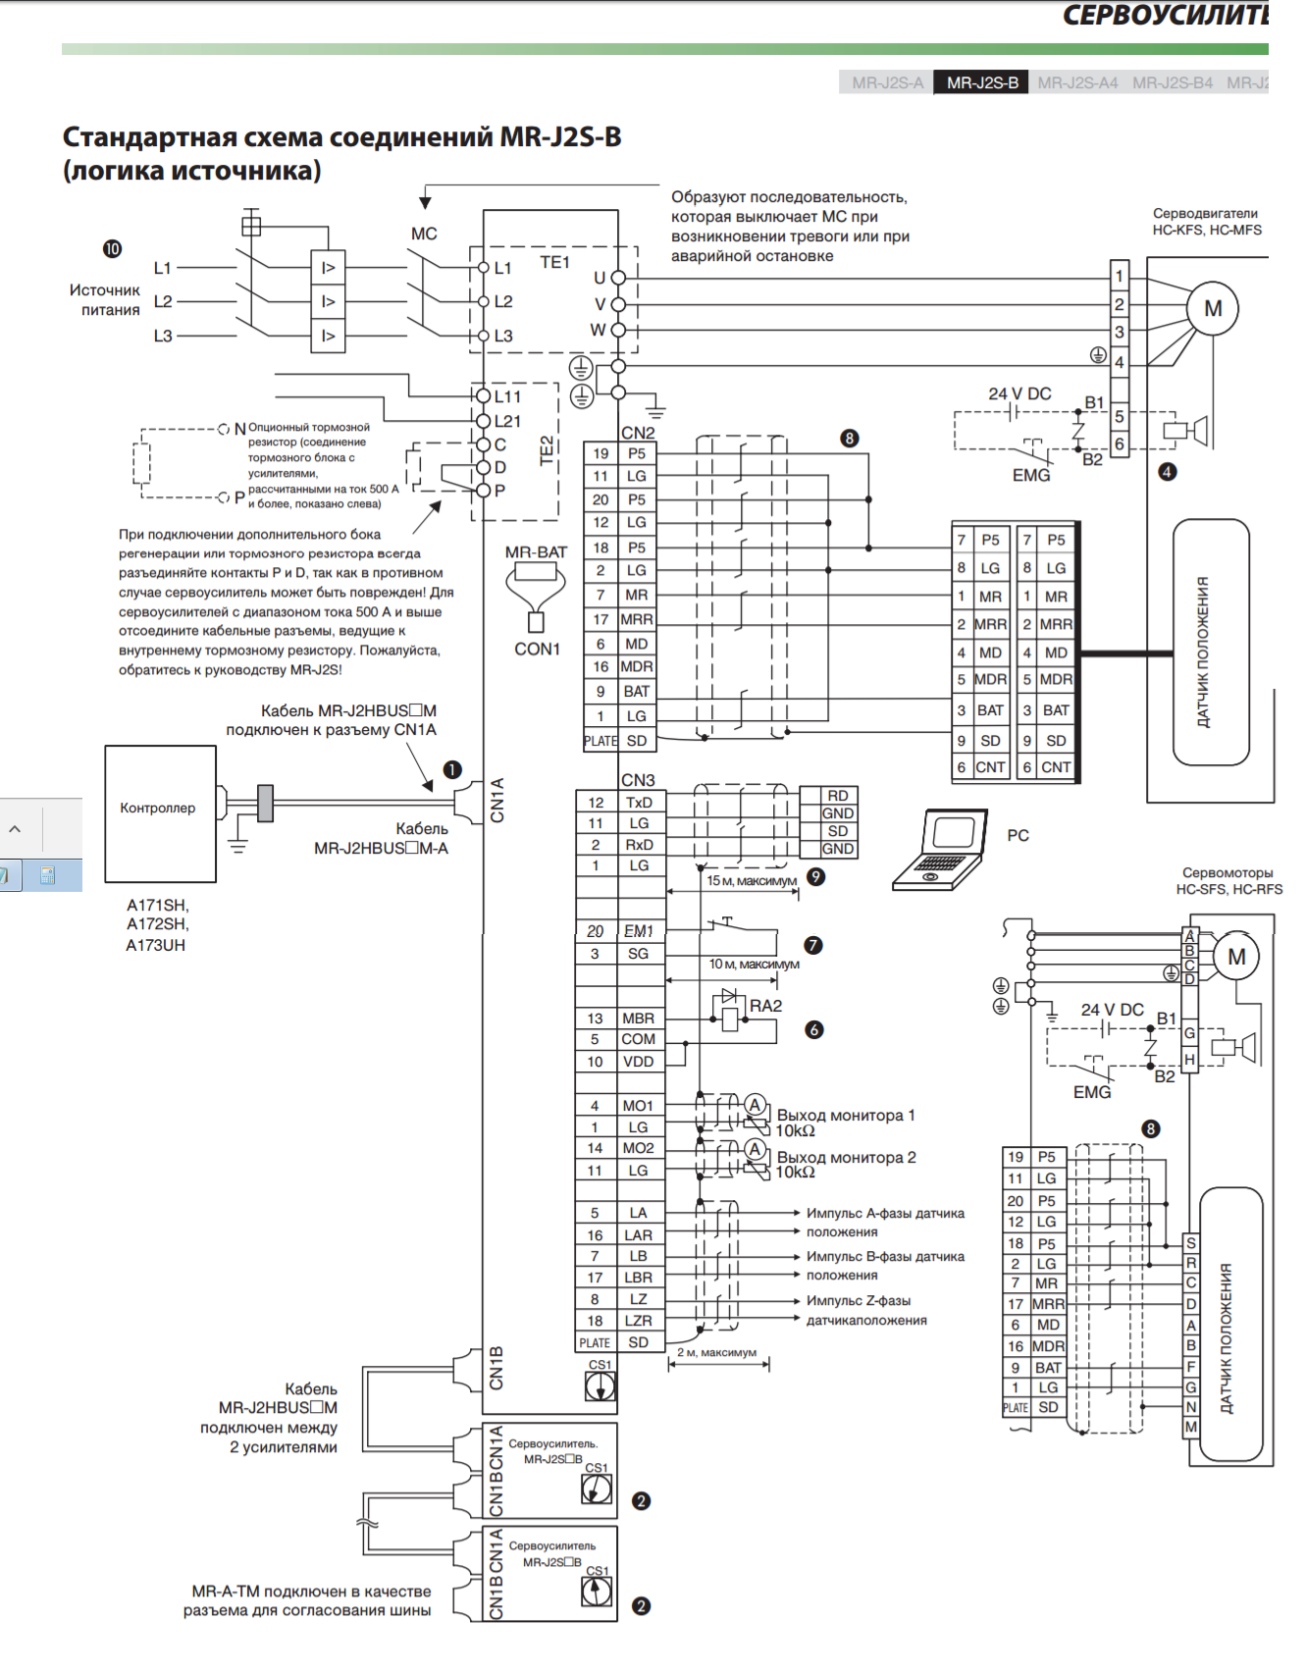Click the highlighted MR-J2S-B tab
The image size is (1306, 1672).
pos(981,82)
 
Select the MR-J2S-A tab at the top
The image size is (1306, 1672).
pos(887,82)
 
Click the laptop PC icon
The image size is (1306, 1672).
pos(940,850)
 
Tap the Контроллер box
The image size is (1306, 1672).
pos(160,813)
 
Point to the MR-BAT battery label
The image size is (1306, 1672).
pos(536,552)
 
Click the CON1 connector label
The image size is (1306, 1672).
pos(537,649)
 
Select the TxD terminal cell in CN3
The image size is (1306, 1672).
pos(639,803)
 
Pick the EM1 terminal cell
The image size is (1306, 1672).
pos(639,931)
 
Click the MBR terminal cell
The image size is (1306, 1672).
pos(638,1019)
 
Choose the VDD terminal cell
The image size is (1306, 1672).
pos(638,1062)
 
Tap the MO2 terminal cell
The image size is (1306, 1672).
pos(638,1148)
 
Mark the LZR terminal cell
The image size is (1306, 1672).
pos(638,1321)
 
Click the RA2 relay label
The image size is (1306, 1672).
pos(765,1006)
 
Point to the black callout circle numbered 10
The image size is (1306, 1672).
pos(113,249)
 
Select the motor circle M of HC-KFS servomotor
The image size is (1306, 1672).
pos(1213,309)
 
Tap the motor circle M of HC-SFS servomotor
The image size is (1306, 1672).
pos(1236,957)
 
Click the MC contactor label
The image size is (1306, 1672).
pos(424,234)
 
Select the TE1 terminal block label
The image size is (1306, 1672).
pos(554,262)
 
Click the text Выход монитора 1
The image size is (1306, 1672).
pos(845,1116)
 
